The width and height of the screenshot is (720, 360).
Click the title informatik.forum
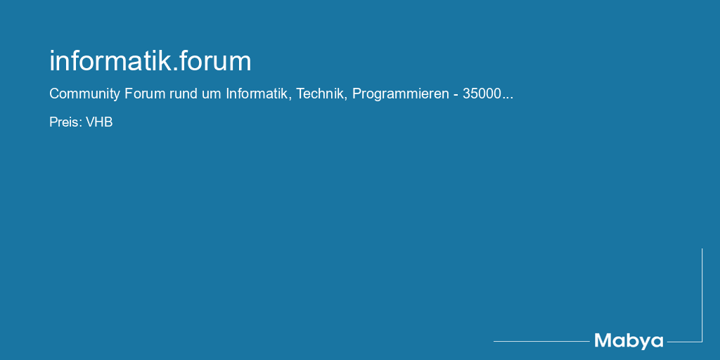point(150,61)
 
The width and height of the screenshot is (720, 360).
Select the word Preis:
point(65,122)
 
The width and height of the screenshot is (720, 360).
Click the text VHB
point(99,122)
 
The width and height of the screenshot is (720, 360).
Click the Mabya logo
point(629,342)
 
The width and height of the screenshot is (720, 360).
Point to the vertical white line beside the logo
point(702,295)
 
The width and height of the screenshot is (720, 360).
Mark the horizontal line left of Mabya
point(541,341)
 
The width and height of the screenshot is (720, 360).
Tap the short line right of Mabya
point(685,342)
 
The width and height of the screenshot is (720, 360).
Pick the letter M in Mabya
point(603,341)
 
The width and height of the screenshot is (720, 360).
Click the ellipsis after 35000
point(508,98)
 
